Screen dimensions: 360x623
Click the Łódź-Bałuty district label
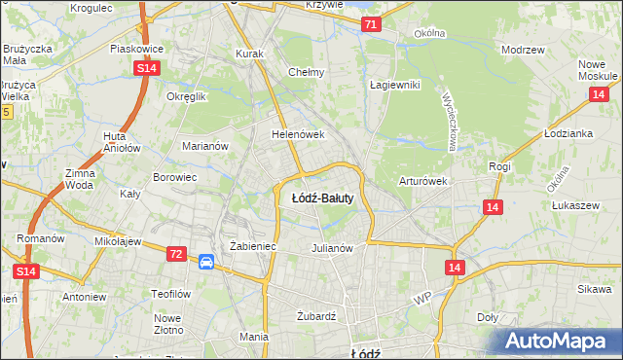(x=321, y=198)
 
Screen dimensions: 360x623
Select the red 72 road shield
(x=175, y=254)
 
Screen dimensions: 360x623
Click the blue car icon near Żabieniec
(x=206, y=262)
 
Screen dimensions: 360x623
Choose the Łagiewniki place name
(x=394, y=85)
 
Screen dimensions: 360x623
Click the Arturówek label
(x=422, y=181)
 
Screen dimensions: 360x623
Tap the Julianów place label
(x=331, y=247)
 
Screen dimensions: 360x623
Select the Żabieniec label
(x=253, y=247)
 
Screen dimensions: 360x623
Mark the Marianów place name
(x=204, y=146)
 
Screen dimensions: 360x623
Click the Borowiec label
(x=175, y=178)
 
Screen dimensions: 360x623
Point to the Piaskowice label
(x=135, y=48)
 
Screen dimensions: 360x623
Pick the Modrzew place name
(x=521, y=49)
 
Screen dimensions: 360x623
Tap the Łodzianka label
(x=569, y=133)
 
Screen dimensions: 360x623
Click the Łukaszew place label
(x=574, y=205)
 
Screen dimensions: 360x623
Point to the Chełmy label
(x=307, y=72)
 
